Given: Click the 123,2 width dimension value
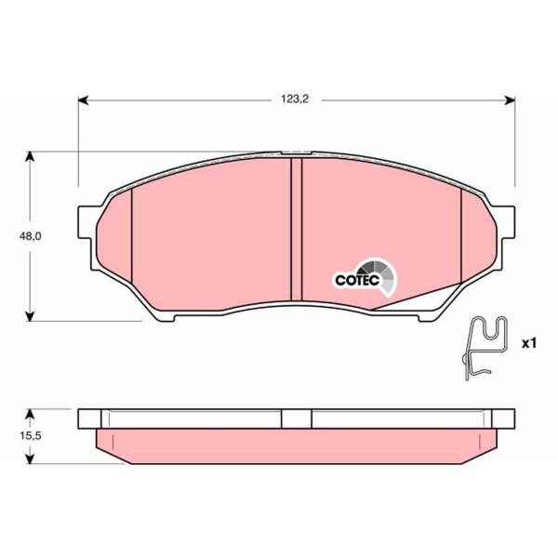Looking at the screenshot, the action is pos(295,100).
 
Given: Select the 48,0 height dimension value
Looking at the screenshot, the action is pos(31,236).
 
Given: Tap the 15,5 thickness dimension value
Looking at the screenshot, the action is pos(31,435).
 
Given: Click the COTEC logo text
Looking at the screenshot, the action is pos(357,280).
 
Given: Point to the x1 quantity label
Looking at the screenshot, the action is pos(528,343).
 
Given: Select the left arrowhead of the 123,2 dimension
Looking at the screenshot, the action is pos(83,100).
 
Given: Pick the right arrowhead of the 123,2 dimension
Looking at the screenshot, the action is pos(510,100).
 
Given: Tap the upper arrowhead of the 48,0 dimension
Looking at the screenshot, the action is pos(31,157).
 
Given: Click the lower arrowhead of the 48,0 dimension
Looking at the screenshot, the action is pos(31,316).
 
